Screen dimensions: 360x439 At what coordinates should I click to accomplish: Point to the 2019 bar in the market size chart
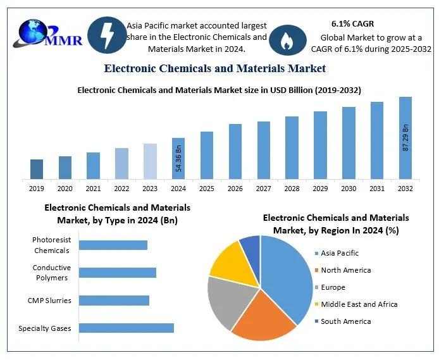coord(37,169)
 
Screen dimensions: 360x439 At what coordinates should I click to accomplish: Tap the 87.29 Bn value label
coord(405,138)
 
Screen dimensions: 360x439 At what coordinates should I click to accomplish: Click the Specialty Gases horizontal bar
coord(126,328)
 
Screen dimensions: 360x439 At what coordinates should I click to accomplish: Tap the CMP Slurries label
coord(49,300)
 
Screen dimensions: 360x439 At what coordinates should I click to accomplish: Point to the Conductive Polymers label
coord(51,273)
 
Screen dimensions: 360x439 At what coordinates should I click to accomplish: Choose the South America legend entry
coord(345,321)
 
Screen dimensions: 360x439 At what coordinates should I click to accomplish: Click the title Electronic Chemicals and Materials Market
coord(214,68)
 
